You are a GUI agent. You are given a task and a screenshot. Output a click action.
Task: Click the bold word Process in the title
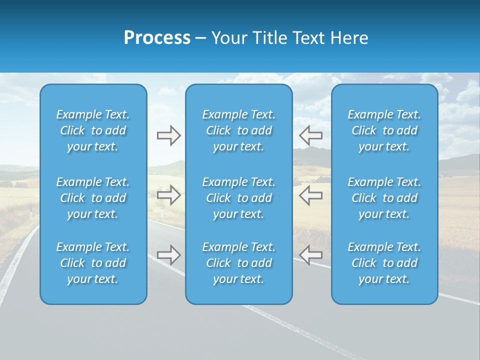point(157,38)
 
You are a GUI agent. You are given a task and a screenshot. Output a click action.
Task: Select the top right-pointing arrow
point(168,135)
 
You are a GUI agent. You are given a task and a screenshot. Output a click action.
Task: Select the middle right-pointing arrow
point(168,195)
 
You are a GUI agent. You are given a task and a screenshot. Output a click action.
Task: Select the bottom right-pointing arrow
point(168,255)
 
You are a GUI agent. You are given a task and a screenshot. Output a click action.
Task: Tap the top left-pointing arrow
point(311,135)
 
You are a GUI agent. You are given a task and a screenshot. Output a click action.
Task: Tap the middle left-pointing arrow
point(311,195)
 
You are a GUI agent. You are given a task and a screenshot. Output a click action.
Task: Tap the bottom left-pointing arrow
point(311,255)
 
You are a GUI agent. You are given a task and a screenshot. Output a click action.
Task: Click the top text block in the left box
point(93,130)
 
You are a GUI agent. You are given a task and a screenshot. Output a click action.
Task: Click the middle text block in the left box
point(93,198)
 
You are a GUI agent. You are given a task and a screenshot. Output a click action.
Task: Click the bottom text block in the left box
point(93,263)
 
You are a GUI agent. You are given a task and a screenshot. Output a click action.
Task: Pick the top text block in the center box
point(238,130)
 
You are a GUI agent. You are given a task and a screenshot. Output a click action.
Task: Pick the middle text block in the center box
point(238,198)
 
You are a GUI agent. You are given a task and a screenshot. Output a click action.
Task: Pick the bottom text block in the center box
point(238,263)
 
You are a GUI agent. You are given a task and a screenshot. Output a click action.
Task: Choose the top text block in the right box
point(384,130)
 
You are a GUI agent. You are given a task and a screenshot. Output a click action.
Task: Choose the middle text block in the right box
point(384,198)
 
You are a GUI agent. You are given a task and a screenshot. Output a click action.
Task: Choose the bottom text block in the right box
point(384,263)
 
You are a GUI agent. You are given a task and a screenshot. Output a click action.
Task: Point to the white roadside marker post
point(162,212)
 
